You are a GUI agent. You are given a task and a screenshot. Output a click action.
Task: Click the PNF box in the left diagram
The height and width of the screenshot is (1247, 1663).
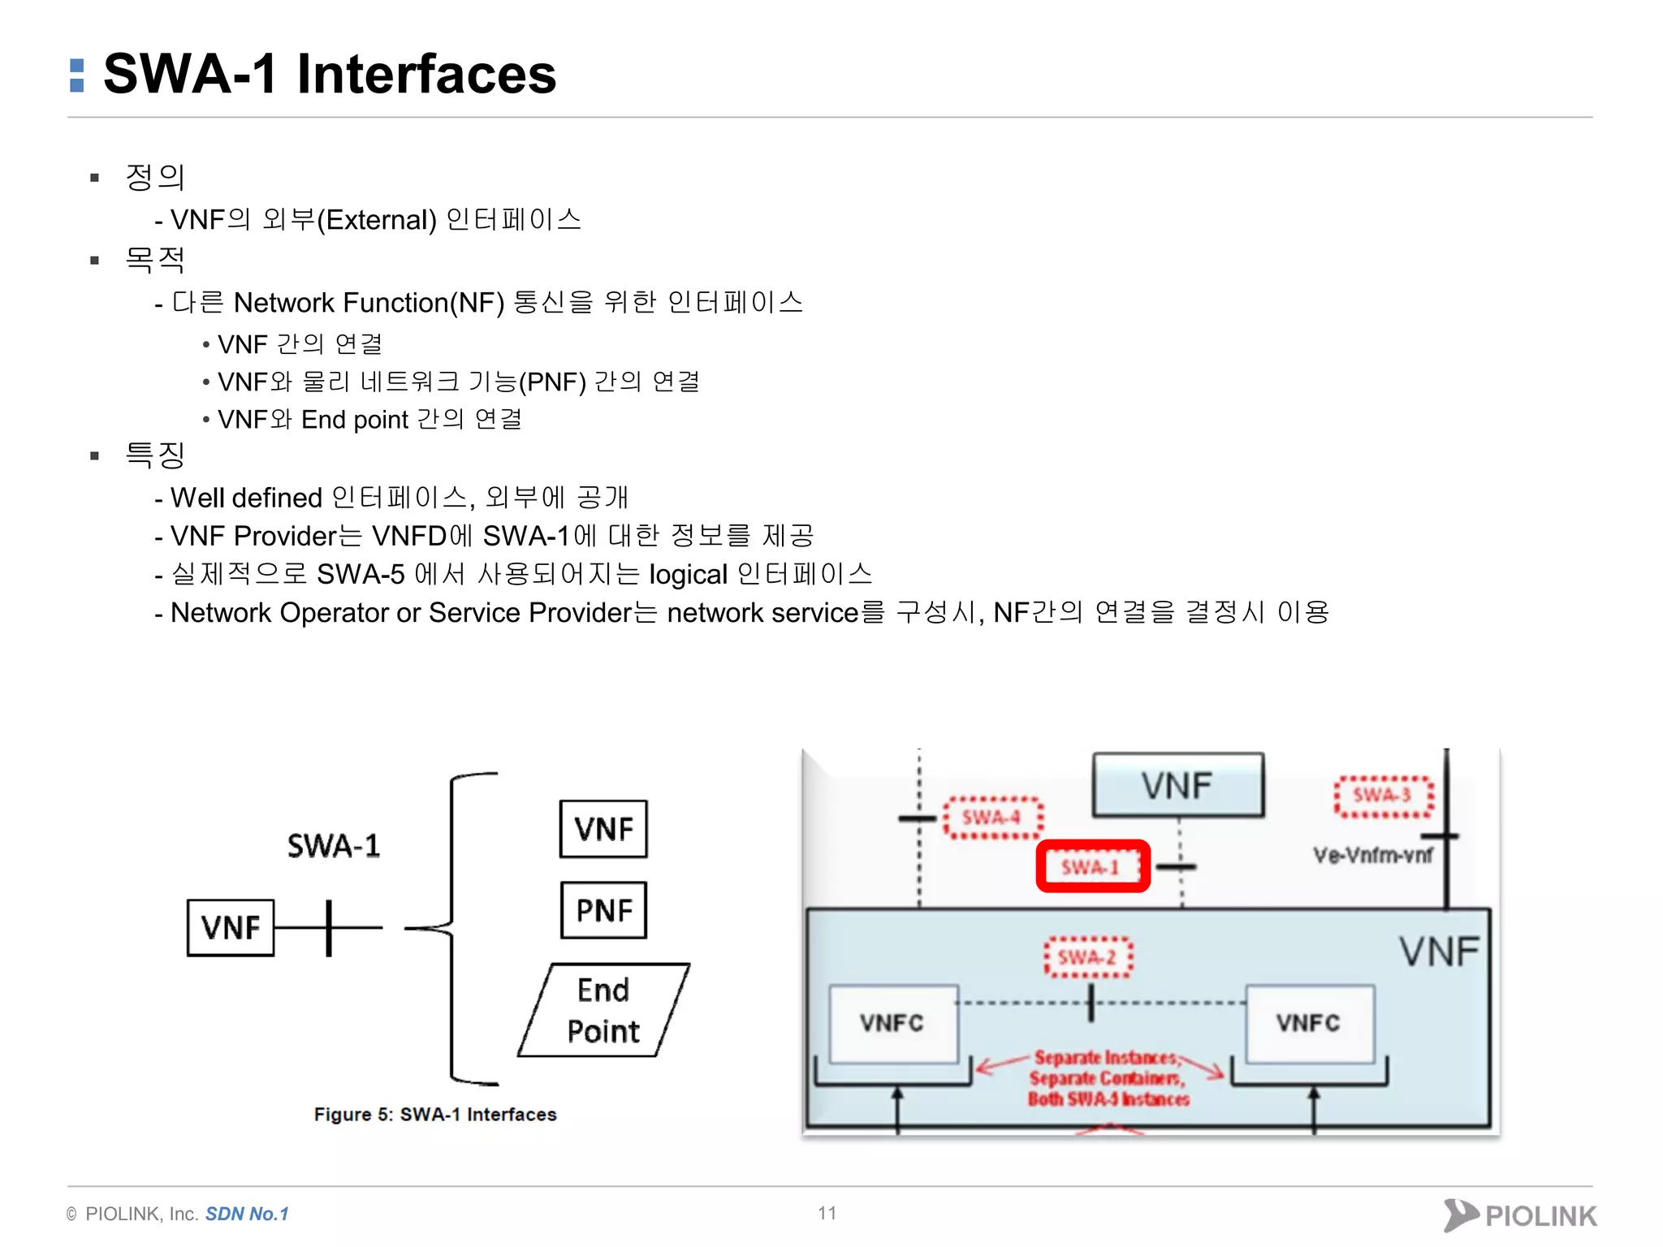click(x=603, y=910)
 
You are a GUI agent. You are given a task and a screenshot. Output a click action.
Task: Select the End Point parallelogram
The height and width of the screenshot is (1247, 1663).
click(x=603, y=1010)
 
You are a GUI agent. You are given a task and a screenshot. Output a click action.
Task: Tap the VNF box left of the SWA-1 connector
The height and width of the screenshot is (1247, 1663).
click(x=231, y=927)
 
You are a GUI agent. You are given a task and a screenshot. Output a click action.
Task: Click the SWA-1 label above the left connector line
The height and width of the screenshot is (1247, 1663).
click(x=334, y=846)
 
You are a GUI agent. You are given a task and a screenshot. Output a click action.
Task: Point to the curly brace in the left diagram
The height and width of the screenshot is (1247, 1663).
click(x=452, y=927)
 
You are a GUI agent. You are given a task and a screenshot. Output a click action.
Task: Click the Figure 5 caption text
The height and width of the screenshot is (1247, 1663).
click(x=435, y=1114)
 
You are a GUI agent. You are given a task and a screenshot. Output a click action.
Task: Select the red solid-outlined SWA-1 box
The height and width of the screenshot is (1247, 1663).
click(x=1092, y=866)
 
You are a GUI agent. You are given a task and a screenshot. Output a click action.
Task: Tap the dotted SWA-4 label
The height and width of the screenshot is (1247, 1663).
click(x=992, y=817)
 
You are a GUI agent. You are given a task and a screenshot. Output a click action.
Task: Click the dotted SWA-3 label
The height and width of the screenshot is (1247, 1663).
click(x=1383, y=795)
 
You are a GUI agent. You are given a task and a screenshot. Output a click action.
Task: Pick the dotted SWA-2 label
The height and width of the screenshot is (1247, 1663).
click(x=1088, y=957)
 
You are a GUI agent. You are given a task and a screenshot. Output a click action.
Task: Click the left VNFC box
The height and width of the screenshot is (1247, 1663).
click(x=892, y=1023)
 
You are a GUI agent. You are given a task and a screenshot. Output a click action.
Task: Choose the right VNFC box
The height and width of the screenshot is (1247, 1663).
click(x=1309, y=1023)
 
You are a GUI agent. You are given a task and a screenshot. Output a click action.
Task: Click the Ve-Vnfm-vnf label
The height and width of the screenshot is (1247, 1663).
click(x=1373, y=855)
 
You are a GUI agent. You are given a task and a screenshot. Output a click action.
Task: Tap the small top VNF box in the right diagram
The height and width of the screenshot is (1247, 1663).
click(x=1177, y=785)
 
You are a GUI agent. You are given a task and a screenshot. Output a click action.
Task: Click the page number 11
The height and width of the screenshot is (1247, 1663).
click(x=827, y=1213)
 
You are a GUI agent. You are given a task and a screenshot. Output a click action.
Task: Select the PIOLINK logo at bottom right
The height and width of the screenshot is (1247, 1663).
click(x=1520, y=1215)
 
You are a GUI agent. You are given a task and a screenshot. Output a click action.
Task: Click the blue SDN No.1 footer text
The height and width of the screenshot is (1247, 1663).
click(x=247, y=1214)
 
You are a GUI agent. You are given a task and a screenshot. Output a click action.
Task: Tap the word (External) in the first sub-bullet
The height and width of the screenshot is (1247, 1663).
click(x=377, y=220)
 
